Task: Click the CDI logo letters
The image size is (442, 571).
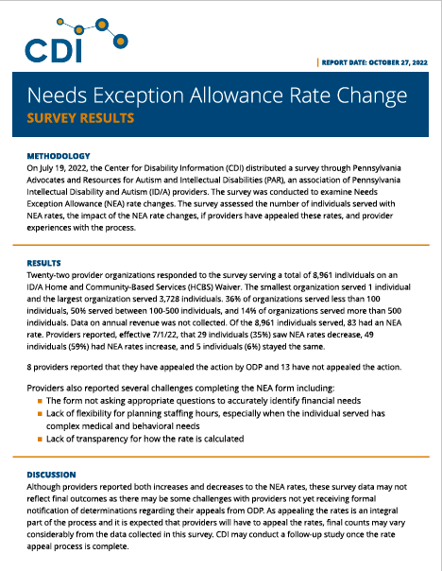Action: (x=53, y=50)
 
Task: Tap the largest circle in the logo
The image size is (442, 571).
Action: (x=120, y=42)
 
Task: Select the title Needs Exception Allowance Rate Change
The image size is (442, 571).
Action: (x=217, y=95)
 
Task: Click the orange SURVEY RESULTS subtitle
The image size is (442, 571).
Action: (x=80, y=118)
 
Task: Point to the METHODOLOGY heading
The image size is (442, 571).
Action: (x=59, y=156)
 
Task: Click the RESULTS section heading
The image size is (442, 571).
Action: (x=43, y=264)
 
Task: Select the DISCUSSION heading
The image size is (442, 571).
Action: (x=51, y=475)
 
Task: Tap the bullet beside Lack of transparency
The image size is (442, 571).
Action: (x=40, y=440)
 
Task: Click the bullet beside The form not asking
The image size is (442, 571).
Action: (x=40, y=401)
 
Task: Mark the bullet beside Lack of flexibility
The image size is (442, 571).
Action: (x=40, y=414)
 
